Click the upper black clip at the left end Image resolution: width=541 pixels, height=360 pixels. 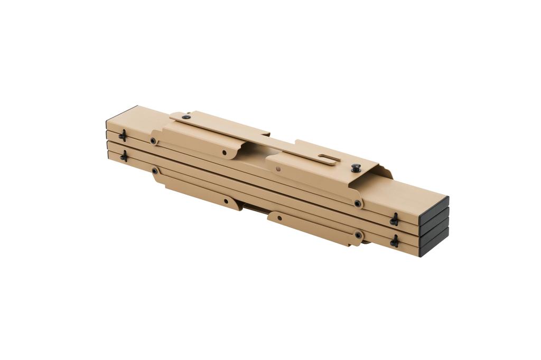(123, 136)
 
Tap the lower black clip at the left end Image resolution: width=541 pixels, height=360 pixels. (124, 156)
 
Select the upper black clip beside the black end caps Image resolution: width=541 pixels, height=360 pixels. (394, 219)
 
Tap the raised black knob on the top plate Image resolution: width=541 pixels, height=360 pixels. (355, 168)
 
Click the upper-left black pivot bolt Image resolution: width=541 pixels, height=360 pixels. (153, 141)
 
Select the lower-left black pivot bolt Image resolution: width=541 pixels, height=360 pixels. (155, 171)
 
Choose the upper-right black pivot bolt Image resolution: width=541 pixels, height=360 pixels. (358, 203)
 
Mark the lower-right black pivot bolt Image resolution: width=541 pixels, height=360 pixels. (358, 234)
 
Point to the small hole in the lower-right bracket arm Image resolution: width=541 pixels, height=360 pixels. (279, 217)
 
